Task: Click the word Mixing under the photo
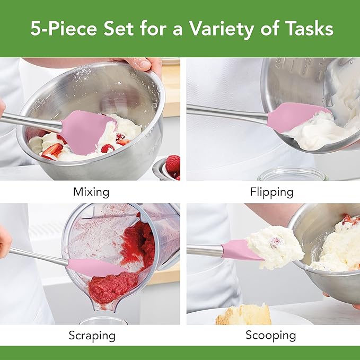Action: point(91,192)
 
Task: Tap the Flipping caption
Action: point(271,192)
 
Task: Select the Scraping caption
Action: point(92,336)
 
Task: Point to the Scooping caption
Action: point(271,336)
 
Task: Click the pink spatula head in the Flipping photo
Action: point(296,117)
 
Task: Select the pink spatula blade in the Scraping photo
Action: point(96,267)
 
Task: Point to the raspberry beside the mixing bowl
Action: point(173,164)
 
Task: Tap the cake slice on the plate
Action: point(244,314)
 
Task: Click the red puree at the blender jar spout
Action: point(112,288)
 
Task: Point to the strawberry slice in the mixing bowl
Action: point(52,151)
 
